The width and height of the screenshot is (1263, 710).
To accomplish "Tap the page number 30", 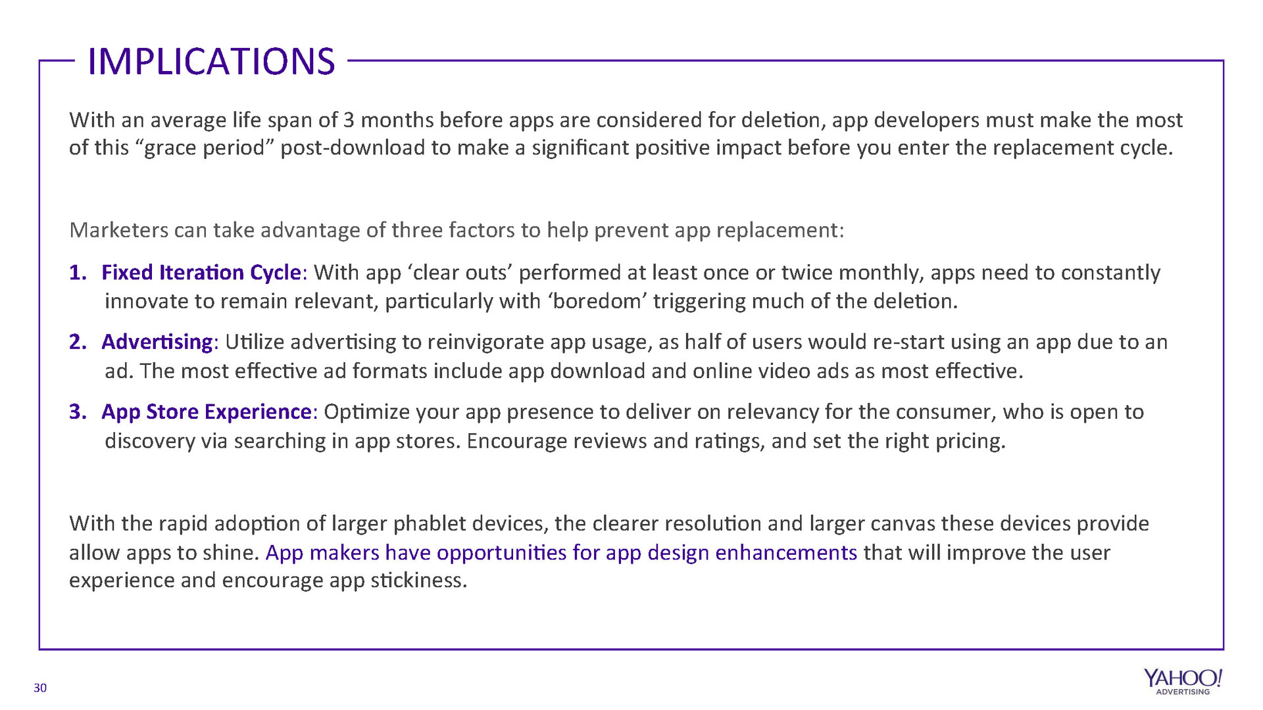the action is click(40, 688).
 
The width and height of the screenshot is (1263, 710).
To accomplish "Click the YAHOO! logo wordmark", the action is click(1183, 678).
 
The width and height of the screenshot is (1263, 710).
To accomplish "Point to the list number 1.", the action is click(78, 272).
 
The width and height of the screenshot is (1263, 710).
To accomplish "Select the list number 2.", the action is click(78, 342).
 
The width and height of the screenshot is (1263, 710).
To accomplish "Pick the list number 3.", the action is click(78, 412).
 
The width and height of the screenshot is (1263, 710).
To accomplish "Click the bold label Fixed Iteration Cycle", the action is click(201, 273).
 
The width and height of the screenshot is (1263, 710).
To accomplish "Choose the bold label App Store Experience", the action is click(206, 412).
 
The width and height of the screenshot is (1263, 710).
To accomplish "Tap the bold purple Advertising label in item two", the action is click(157, 343).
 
